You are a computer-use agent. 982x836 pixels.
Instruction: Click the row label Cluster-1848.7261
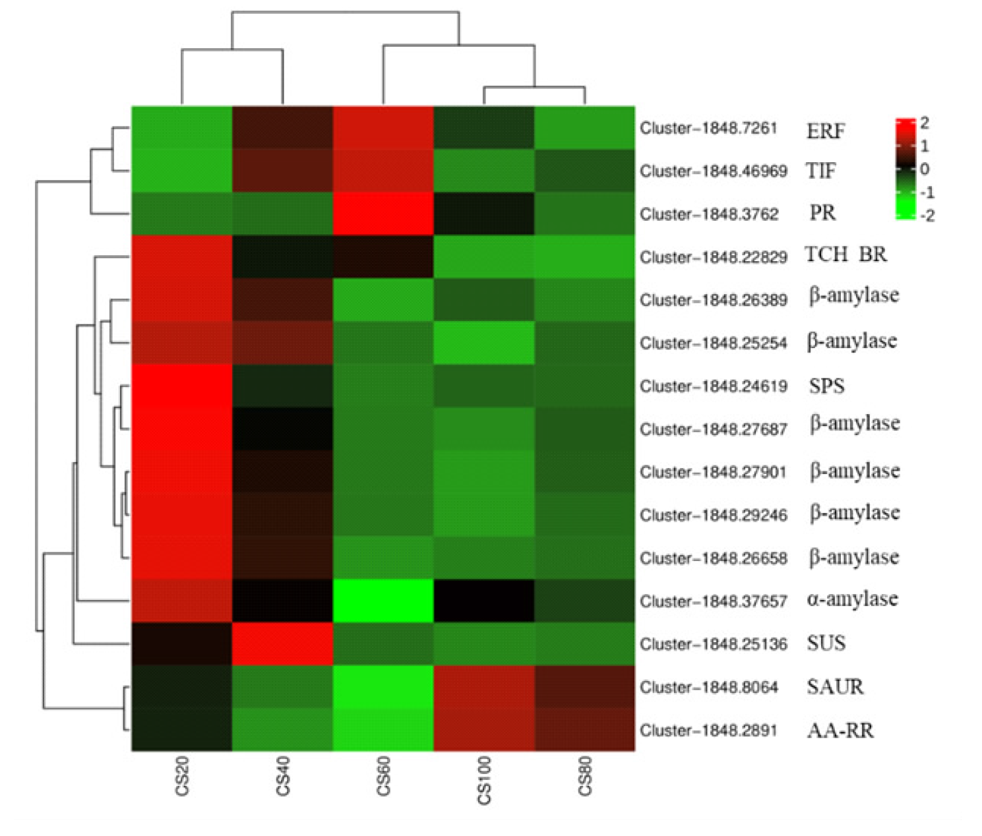709,128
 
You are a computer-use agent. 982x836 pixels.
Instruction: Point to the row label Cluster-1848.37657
713,601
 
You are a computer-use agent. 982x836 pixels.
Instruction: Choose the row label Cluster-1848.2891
709,731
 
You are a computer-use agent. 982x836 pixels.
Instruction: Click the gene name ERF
825,131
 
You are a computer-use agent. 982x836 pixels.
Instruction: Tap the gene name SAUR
834,687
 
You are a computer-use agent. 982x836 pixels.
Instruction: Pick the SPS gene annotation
826,386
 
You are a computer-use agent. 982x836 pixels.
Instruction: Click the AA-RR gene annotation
840,731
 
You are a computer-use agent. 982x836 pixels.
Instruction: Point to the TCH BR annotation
845,254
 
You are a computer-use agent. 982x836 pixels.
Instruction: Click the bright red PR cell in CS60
383,214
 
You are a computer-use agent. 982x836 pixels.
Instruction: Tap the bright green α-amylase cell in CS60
383,601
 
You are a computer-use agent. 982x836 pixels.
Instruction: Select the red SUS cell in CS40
282,643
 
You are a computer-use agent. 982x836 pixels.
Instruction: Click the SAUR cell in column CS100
483,687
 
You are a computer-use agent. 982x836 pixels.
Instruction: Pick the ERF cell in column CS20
182,128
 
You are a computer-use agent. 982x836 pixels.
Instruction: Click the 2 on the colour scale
924,123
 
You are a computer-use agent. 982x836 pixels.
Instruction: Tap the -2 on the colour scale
926,216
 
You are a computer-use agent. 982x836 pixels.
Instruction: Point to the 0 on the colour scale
924,169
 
